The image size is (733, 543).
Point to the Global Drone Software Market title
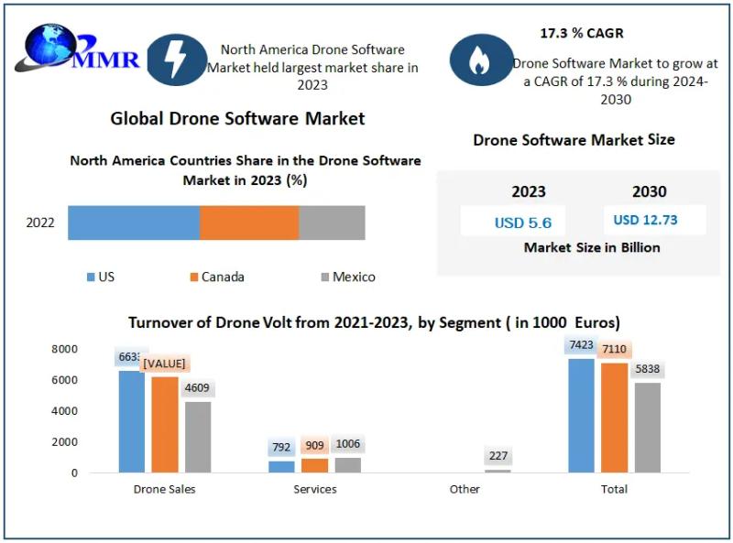tap(237, 118)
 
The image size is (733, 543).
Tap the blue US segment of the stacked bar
tap(134, 223)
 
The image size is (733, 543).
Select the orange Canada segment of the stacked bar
tap(249, 223)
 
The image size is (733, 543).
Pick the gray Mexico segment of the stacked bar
tap(332, 223)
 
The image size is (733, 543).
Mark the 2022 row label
tap(40, 223)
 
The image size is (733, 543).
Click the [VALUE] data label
tap(164, 364)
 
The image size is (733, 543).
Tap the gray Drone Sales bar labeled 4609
tap(198, 437)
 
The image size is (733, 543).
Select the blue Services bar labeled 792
tap(281, 466)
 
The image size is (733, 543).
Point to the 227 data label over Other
tap(498, 456)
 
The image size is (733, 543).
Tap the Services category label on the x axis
tap(315, 489)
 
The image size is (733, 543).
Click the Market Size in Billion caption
tap(592, 247)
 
